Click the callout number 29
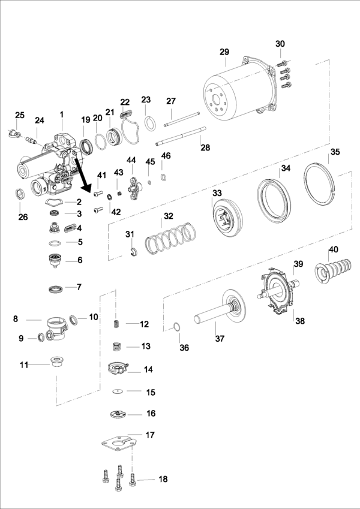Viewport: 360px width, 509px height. point(224,52)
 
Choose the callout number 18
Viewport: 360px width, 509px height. point(163,479)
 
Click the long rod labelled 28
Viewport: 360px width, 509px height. point(181,136)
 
